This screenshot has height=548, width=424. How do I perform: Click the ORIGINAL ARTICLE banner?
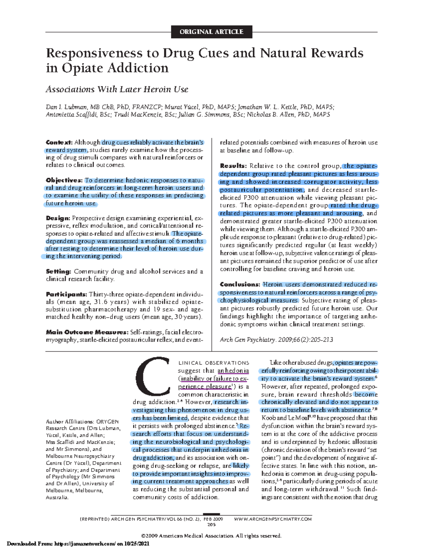click(211, 32)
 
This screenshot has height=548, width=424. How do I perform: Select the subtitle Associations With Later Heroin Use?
click(117, 89)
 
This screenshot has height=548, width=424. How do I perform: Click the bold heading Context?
click(59, 143)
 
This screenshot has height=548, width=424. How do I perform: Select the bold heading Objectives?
click(64, 180)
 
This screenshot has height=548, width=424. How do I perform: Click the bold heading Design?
click(58, 218)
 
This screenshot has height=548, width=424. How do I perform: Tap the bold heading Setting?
click(58, 271)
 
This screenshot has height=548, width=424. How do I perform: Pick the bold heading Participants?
click(66, 294)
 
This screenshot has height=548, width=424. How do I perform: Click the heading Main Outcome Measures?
click(87, 332)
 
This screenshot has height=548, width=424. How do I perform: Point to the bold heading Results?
click(233, 166)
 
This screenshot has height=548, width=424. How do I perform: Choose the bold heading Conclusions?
click(240, 284)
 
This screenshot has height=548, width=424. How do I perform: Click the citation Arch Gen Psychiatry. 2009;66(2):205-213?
click(276, 340)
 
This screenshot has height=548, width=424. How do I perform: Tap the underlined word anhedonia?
click(233, 371)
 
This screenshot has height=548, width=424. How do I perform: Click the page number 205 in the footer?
click(211, 524)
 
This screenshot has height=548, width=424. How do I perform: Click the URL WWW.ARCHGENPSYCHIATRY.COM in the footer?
click(273, 519)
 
